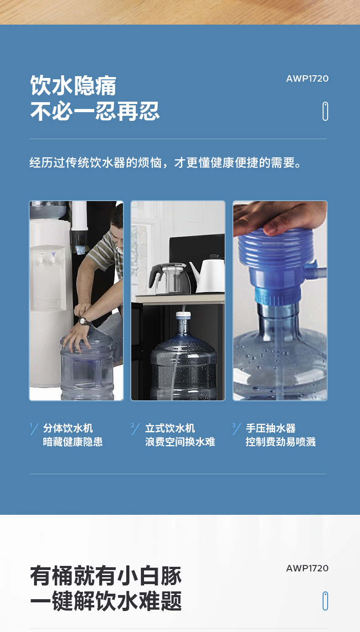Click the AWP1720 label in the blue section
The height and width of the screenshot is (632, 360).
tap(307, 78)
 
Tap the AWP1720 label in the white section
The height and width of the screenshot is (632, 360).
tap(307, 568)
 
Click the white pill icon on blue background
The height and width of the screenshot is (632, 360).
tap(325, 111)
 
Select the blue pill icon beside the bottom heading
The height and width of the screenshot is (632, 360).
tap(325, 601)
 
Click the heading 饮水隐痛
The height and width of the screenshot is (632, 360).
tap(73, 85)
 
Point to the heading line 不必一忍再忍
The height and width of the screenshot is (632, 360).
tap(95, 111)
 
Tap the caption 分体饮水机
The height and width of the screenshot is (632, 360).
tap(68, 428)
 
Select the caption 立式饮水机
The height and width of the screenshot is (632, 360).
tap(170, 428)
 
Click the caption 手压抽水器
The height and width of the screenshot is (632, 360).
tap(271, 428)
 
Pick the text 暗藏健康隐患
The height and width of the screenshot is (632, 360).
tap(73, 441)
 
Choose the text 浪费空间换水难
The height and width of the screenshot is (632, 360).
tap(180, 441)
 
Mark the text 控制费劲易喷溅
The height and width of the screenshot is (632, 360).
tap(281, 441)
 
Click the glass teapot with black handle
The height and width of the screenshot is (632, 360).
tap(169, 278)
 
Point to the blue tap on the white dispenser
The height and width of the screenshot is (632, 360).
tap(53, 258)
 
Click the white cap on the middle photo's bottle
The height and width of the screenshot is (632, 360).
tap(183, 315)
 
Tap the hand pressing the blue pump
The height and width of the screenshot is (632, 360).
tap(279, 217)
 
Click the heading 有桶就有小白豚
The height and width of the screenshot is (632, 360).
tap(106, 575)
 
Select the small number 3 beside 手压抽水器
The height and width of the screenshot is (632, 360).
tap(234, 425)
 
